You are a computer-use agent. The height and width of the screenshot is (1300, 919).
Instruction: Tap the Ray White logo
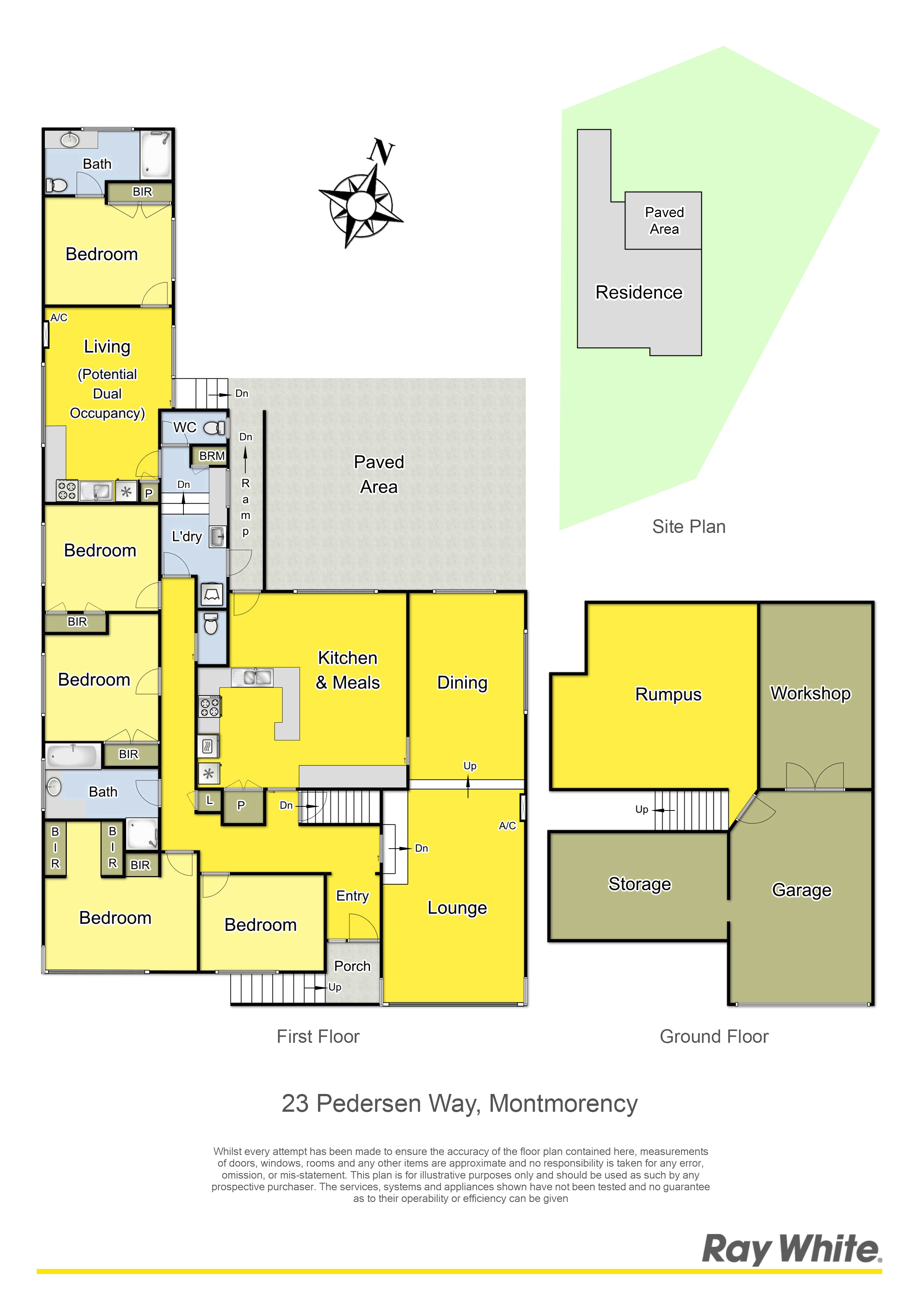tap(792, 1249)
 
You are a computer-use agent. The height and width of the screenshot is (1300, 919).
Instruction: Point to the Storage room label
tap(639, 884)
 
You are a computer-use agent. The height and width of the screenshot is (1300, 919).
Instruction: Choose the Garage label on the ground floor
tap(801, 890)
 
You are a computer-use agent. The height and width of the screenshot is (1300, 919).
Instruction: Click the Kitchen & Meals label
tap(348, 670)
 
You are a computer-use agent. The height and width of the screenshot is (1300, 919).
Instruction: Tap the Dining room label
tap(462, 683)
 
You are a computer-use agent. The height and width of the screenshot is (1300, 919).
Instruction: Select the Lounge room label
tap(457, 908)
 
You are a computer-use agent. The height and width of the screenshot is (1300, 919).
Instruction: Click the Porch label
tap(352, 966)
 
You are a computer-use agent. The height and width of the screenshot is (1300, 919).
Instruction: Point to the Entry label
tap(352, 896)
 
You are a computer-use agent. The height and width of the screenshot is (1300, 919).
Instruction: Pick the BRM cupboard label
tap(212, 456)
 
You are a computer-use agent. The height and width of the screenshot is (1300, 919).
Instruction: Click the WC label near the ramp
tap(185, 428)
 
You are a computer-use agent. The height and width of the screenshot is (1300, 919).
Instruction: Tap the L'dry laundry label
tap(186, 536)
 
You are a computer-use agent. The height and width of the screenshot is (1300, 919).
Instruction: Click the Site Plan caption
tap(689, 527)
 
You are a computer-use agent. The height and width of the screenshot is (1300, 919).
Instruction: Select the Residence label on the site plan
tap(639, 292)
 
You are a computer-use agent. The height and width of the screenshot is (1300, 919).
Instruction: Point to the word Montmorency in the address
tap(563, 1104)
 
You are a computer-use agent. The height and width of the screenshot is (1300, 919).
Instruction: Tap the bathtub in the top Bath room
tap(155, 154)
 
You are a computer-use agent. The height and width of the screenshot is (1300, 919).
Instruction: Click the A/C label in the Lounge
tap(507, 826)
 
